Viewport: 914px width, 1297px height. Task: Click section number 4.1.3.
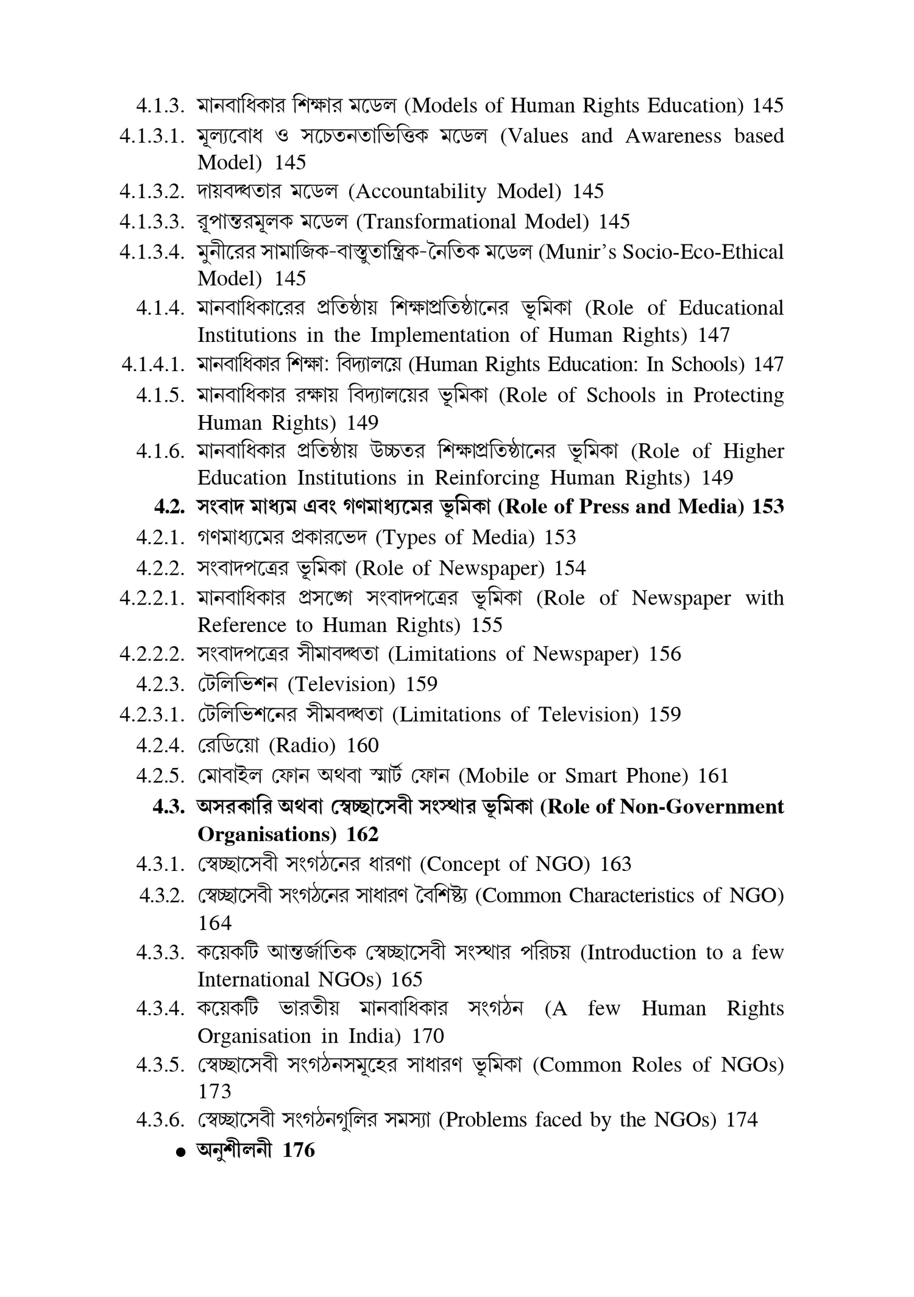160,106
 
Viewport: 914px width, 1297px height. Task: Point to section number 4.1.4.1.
153,364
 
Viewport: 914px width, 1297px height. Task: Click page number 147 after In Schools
768,364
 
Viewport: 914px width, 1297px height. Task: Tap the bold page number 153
768,506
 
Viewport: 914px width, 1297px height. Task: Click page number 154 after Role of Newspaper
570,568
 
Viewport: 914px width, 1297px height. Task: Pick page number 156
665,654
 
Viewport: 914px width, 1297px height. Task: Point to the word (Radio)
302,745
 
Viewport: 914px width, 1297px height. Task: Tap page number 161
713,775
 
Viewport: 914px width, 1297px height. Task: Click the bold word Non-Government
702,806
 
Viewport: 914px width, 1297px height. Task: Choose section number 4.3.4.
160,1009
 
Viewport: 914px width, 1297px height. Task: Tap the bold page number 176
299,1150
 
